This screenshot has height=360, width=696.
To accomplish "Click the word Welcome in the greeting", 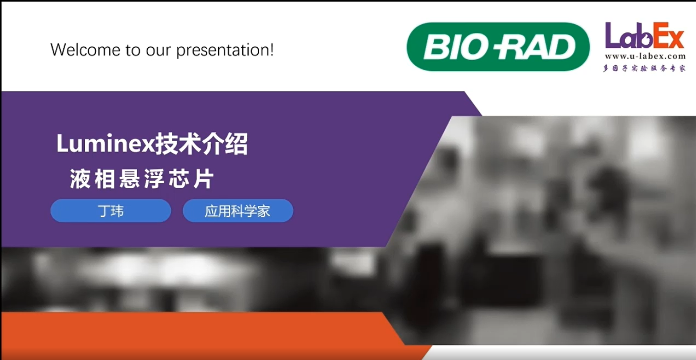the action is (85, 50).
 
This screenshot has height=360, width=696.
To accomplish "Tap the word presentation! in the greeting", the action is (225, 50).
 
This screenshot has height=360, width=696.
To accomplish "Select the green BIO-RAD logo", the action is (498, 47).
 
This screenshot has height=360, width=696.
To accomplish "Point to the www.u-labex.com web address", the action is (645, 56).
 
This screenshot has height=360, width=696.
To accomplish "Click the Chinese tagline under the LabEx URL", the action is (645, 68).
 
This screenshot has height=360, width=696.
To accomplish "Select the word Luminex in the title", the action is (105, 144).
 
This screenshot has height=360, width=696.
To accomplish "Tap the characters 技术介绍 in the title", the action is (201, 144).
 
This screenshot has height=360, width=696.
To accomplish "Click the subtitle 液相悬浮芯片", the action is (142, 179).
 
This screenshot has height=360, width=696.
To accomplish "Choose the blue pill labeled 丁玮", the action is (111, 211).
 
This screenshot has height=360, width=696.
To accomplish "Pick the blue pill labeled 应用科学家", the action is (238, 211).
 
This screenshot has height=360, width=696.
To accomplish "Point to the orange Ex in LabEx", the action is (669, 35).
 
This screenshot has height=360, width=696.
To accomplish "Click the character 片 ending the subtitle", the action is (204, 179).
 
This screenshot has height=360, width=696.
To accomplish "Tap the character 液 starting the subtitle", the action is (80, 179).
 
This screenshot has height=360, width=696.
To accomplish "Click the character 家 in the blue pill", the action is (263, 211).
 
